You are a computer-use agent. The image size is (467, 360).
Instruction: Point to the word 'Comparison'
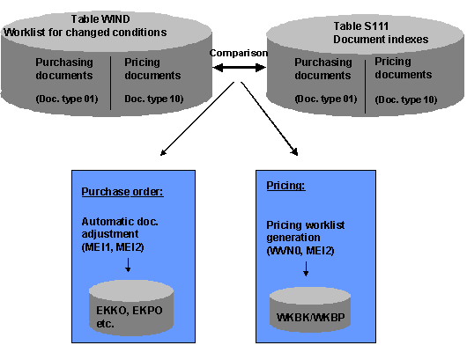(x=238, y=53)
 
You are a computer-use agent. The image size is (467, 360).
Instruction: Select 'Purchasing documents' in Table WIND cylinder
(x=67, y=69)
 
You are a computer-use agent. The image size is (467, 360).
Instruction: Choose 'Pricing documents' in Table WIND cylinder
(x=153, y=69)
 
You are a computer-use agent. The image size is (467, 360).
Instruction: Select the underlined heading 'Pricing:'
(x=285, y=187)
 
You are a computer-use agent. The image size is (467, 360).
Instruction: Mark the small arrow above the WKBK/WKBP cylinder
(x=304, y=270)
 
